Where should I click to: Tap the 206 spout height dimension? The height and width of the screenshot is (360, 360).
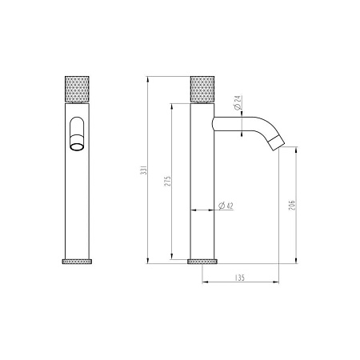click(292, 209)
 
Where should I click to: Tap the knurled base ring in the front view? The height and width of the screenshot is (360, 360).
click(78, 261)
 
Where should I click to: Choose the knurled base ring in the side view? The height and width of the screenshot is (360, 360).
click(201, 261)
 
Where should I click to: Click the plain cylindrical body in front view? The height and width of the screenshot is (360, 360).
click(78, 200)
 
